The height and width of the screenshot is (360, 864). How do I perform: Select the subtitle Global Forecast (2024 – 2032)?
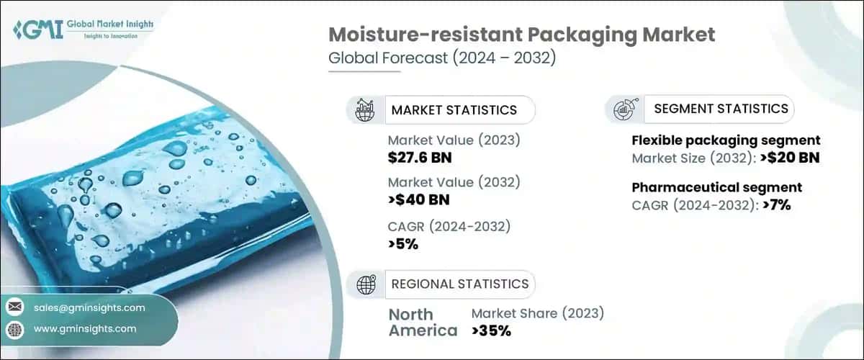441,59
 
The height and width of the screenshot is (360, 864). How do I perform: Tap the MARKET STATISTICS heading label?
454,110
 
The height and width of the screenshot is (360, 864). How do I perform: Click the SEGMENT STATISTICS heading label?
721,109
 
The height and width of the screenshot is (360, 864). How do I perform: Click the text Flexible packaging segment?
726,140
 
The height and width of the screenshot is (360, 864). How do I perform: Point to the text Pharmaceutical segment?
717,188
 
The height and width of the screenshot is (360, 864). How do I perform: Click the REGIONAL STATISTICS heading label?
459,284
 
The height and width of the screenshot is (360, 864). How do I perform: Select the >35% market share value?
491,331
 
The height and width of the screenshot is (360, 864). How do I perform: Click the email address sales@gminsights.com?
89,307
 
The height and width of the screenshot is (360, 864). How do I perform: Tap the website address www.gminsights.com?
85,329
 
